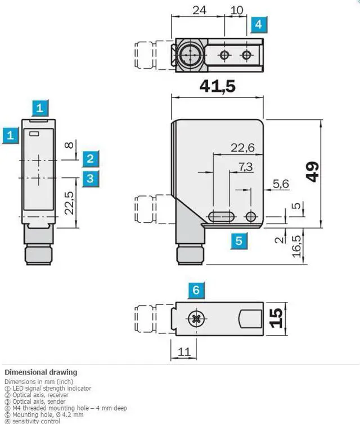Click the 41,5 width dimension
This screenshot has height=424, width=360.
pyautogui.click(x=217, y=87)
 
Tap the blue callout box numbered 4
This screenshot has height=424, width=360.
pyautogui.click(x=258, y=24)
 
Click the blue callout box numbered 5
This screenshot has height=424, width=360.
pyautogui.click(x=239, y=240)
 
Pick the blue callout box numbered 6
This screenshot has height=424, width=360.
pyautogui.click(x=196, y=290)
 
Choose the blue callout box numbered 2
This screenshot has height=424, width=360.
pyautogui.click(x=91, y=158)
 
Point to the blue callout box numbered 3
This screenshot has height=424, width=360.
pyautogui.click(x=91, y=178)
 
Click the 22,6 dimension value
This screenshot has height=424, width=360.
pyautogui.click(x=242, y=148)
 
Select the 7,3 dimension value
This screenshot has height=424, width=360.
pyautogui.click(x=245, y=167)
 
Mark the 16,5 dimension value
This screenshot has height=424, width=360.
pyautogui.click(x=296, y=246)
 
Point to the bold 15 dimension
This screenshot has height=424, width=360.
pyautogui.click(x=276, y=318)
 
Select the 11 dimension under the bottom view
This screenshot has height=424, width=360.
pyautogui.click(x=183, y=352)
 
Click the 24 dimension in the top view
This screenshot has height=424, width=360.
pyautogui.click(x=199, y=10)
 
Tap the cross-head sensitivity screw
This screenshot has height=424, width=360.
pyautogui.click(x=196, y=319)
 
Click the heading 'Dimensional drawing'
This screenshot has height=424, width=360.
pyautogui.click(x=40, y=372)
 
